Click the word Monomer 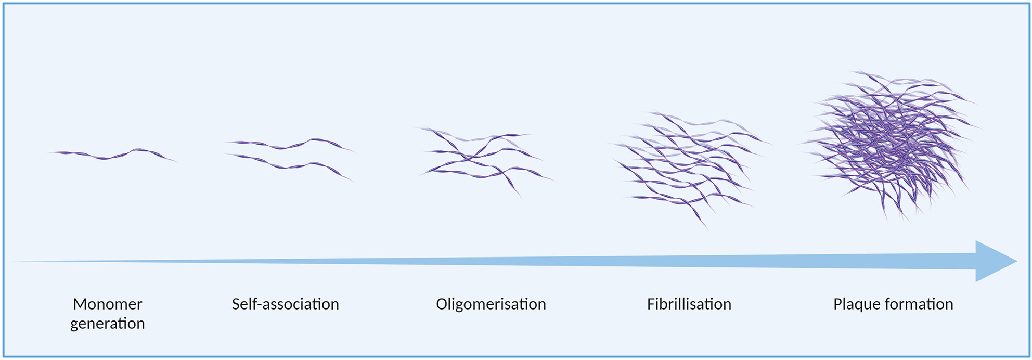click(108, 304)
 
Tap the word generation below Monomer click(108, 324)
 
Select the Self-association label click(285, 304)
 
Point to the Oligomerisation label click(491, 304)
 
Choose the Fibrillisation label click(689, 304)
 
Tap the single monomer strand click(112, 155)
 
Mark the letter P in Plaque click(837, 304)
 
